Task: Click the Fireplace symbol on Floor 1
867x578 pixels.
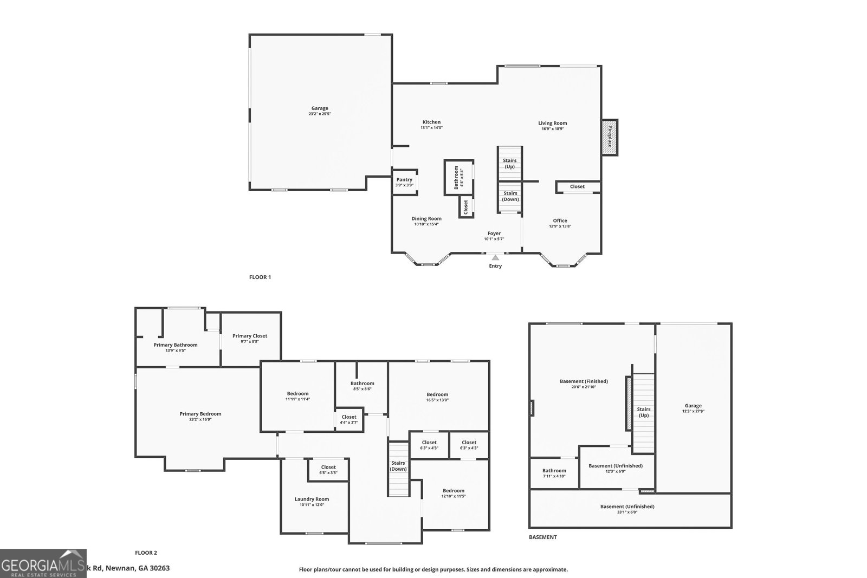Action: point(610,137)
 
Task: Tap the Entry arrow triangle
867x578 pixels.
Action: point(495,258)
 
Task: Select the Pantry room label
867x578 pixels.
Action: point(404,179)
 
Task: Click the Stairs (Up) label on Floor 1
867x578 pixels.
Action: point(509,163)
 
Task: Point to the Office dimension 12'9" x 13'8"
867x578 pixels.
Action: point(560,226)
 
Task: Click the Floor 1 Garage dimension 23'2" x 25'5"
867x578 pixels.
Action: point(320,114)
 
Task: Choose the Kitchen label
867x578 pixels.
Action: point(431,122)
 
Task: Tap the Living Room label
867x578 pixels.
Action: point(552,123)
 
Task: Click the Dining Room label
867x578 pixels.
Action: point(426,218)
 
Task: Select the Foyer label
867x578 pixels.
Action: point(494,233)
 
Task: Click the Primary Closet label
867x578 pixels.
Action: point(250,336)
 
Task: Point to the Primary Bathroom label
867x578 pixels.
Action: point(175,345)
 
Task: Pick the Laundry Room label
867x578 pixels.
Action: point(312,499)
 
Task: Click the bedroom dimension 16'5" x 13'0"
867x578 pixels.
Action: point(437,400)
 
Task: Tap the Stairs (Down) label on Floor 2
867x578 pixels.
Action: point(398,466)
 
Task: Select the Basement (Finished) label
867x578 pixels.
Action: point(584,381)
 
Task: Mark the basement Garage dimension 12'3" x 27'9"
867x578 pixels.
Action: point(693,411)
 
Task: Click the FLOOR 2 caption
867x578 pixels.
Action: point(146,553)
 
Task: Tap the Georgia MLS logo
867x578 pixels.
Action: point(43,563)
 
